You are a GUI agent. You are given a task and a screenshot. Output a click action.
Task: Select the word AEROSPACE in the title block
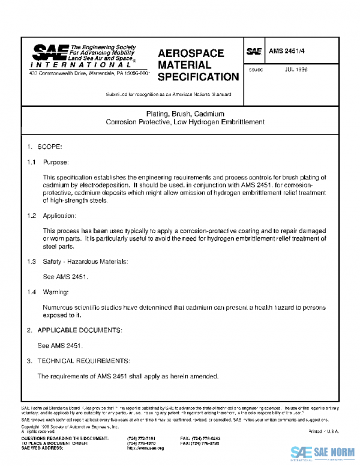pos(190,53)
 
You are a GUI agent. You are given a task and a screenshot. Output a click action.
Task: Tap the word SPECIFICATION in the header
pos(198,77)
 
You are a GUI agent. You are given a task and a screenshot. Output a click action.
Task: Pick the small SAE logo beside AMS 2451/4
pos(254,52)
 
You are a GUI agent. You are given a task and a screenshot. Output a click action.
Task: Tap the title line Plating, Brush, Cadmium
pos(185,113)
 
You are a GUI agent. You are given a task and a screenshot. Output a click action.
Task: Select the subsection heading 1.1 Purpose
pos(48,162)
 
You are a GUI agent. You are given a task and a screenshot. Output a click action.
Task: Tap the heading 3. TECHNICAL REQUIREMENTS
pos(77,361)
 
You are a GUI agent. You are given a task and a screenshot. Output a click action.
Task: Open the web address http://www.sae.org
pos(146,448)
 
